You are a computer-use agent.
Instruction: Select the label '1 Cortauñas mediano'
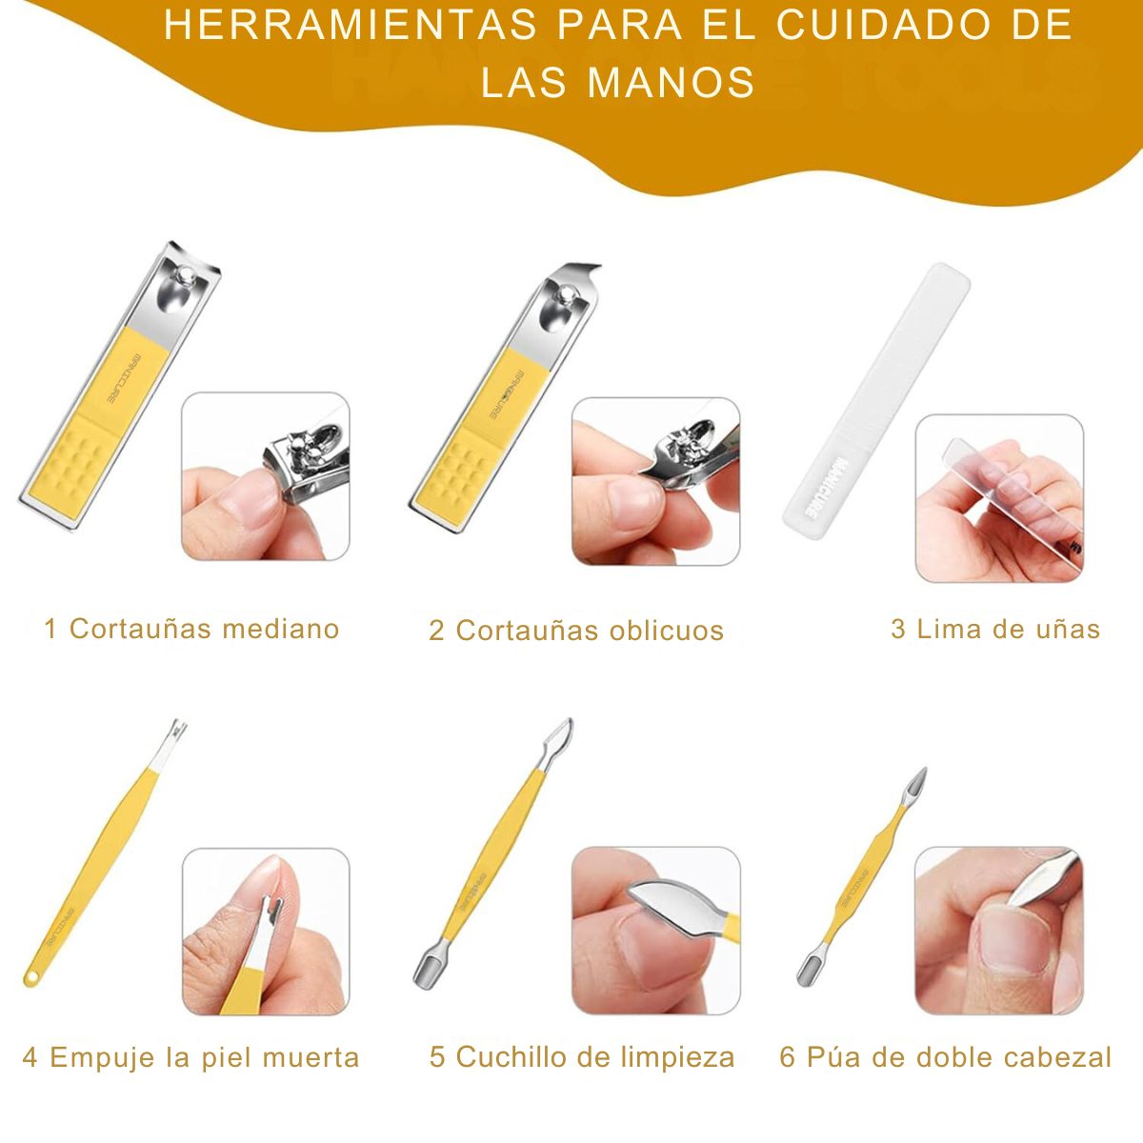click(191, 629)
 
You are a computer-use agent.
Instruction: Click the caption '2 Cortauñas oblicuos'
click(576, 631)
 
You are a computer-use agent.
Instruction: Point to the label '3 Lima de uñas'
click(995, 629)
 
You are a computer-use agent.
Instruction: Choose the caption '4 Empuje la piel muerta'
click(190, 1057)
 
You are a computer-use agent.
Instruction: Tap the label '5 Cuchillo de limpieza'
click(582, 1057)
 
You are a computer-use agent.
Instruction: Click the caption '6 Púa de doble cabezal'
click(945, 1057)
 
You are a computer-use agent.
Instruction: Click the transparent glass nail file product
click(876, 395)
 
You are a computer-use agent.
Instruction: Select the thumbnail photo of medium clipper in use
click(266, 476)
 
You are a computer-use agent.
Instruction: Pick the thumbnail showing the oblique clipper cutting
click(655, 481)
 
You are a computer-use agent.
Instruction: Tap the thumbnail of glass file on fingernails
click(999, 497)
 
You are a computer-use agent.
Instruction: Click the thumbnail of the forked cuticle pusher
click(266, 932)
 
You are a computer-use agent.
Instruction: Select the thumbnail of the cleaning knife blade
click(655, 932)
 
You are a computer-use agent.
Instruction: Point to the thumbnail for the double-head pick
click(999, 932)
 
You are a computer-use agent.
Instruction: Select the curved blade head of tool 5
click(559, 738)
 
